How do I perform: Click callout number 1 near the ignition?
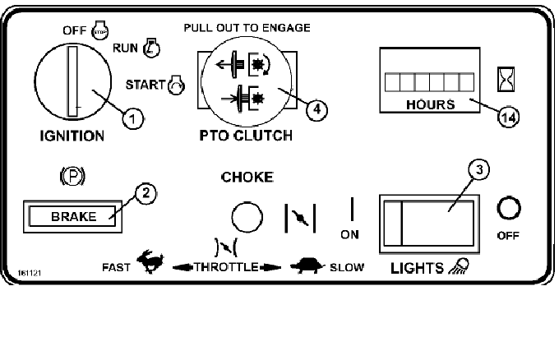pos(133,118)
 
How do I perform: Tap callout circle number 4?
pos(316,109)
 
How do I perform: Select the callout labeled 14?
pos(508,117)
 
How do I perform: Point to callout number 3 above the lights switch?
pos(478,170)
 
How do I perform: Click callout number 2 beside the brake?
pos(146,193)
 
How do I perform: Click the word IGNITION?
pos(72,136)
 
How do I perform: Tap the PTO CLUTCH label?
pos(246,136)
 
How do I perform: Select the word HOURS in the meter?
pos(430,104)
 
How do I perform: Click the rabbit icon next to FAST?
pos(150,261)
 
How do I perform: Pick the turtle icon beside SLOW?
pos(307,265)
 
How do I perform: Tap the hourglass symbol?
pos(506,79)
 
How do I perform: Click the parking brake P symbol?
pos(72,176)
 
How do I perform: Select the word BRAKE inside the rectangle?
pos(74,216)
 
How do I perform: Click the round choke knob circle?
pos(247,217)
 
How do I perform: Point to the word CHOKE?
pos(247,178)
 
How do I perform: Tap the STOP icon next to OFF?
pos(100,30)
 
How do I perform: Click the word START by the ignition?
pos(146,85)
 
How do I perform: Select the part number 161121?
pos(30,273)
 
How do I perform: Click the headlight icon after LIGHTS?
pos(459,266)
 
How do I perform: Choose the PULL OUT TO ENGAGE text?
pos(247,28)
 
